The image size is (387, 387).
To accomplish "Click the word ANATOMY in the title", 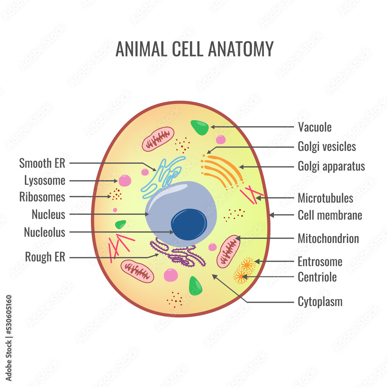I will click(x=241, y=49).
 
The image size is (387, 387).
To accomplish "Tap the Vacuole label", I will click(x=315, y=127).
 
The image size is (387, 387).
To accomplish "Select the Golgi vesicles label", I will click(x=327, y=147).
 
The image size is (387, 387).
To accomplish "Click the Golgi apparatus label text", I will click(x=331, y=166).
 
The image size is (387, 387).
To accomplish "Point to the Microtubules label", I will click(x=325, y=198).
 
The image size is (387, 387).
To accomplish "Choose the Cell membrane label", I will click(x=330, y=215).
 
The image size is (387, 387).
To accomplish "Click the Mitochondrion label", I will click(x=328, y=238).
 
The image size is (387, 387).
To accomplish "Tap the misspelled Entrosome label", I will click(x=320, y=262).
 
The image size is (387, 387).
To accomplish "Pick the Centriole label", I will click(x=317, y=277).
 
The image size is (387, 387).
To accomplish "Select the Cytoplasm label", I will click(x=320, y=301).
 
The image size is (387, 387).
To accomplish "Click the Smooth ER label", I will click(x=42, y=163).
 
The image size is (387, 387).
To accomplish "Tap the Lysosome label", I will click(x=45, y=181).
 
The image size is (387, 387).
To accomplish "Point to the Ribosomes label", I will click(x=42, y=197).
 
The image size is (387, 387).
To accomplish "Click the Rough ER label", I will click(x=45, y=257).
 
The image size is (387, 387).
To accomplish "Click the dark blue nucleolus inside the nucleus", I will click(x=189, y=224).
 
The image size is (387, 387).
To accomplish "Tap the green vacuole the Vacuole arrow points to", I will click(x=200, y=127).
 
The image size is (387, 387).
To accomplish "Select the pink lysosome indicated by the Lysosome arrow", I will click(x=125, y=180).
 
